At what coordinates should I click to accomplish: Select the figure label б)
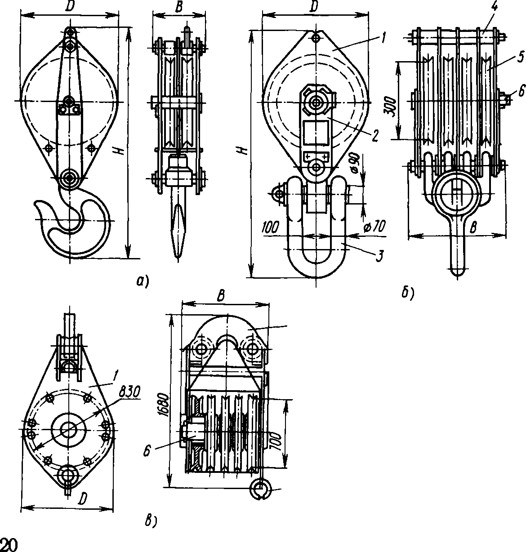[407, 293]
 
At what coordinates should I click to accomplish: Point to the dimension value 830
[129, 392]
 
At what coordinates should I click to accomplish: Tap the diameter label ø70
[374, 227]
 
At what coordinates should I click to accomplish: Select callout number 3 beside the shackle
[379, 256]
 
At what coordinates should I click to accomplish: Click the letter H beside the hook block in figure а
[120, 151]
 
